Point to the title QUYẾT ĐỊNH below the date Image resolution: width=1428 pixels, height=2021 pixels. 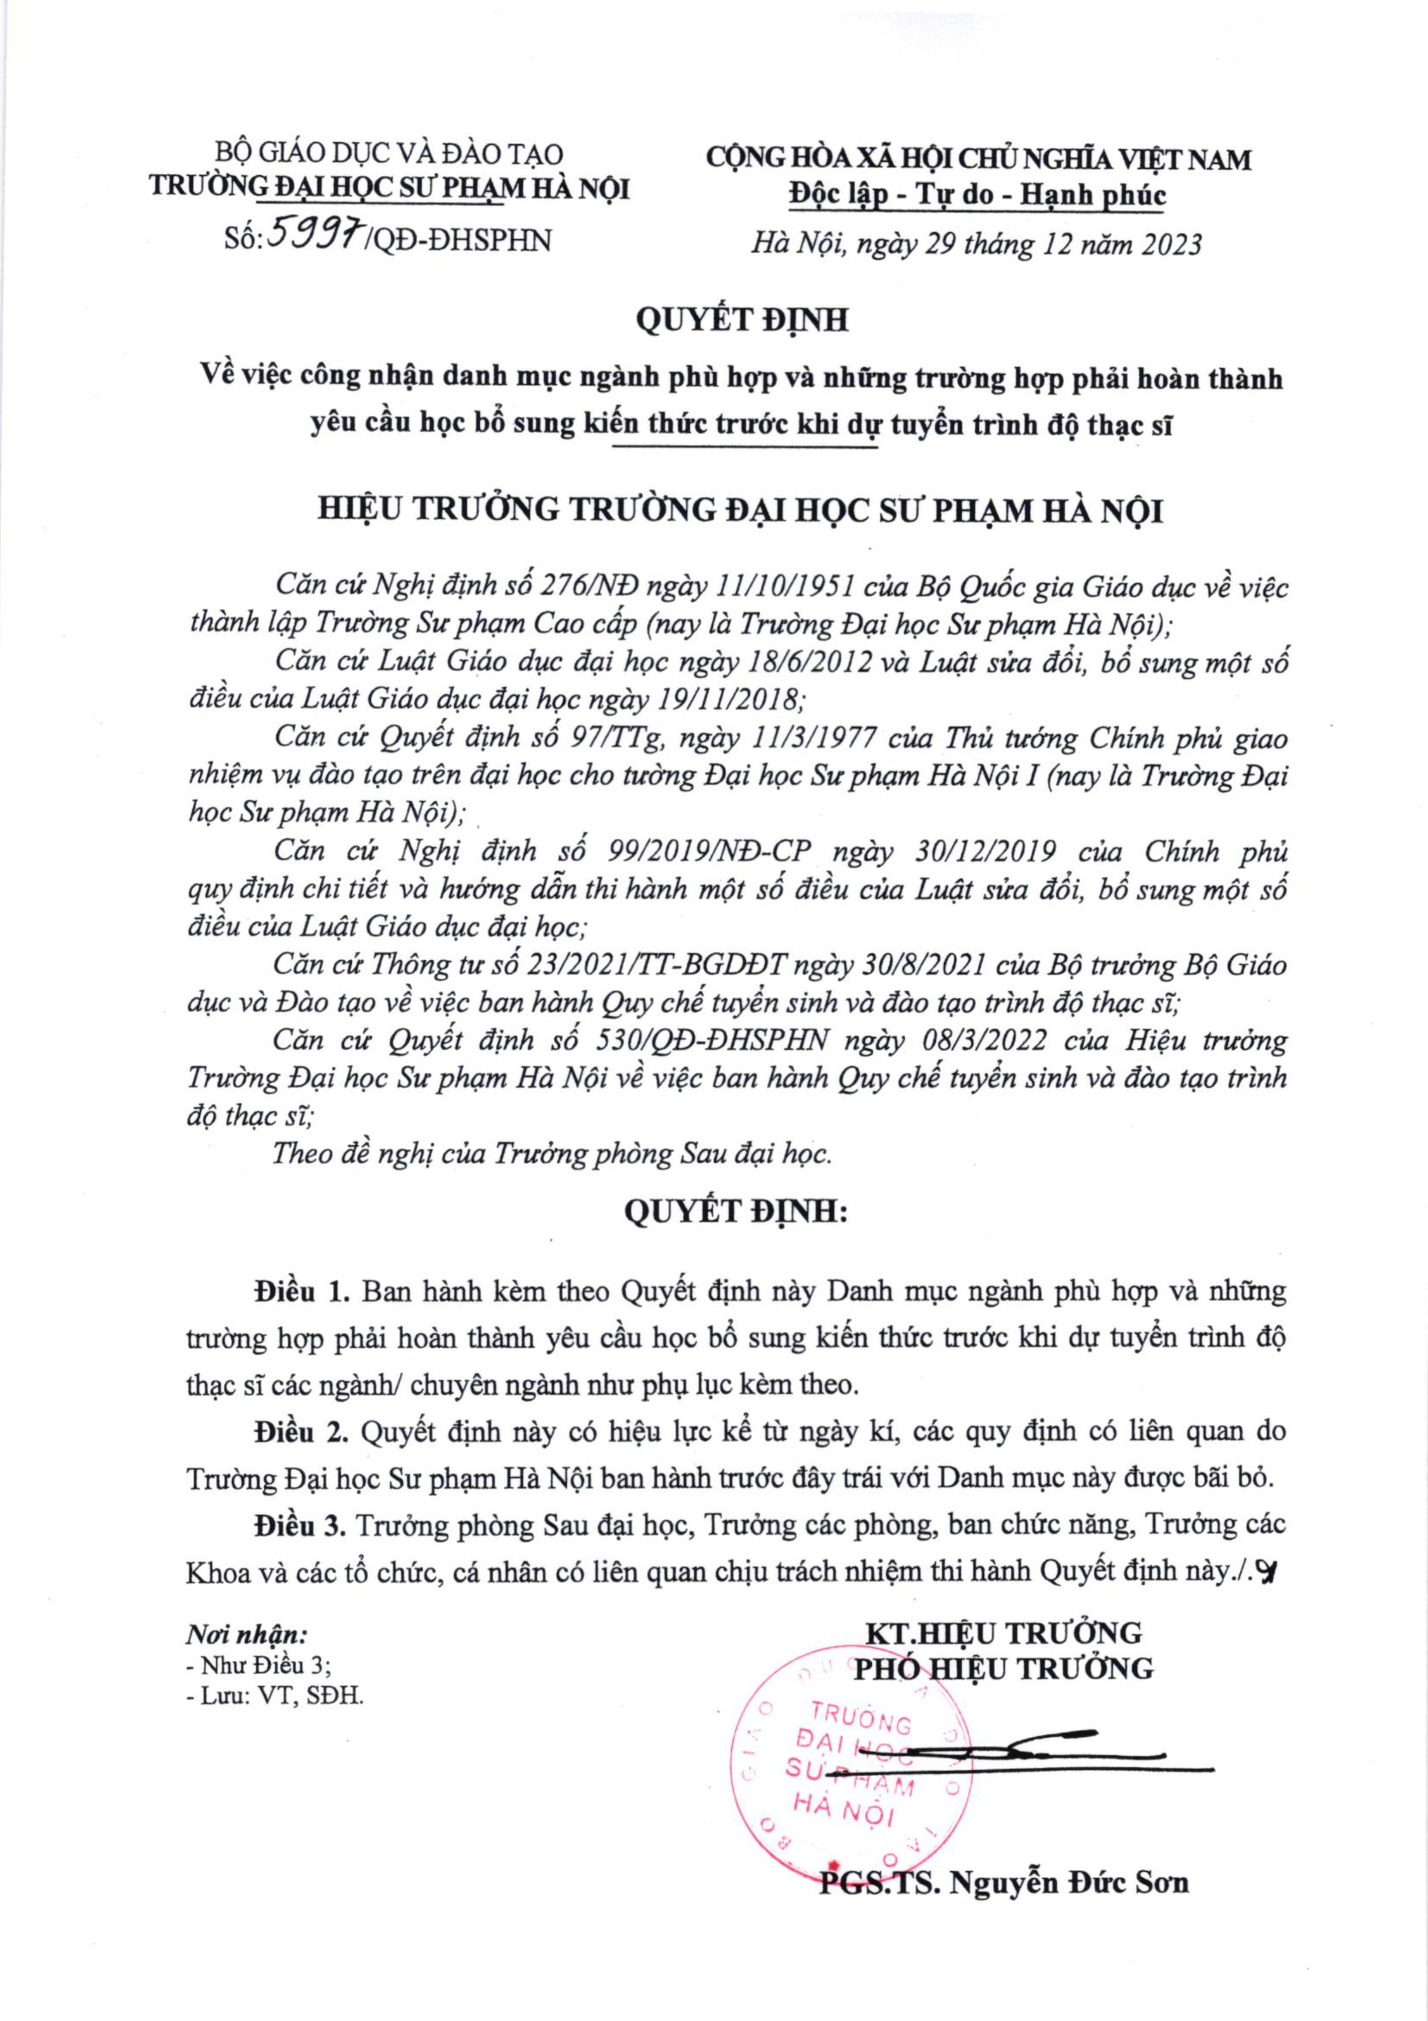741,320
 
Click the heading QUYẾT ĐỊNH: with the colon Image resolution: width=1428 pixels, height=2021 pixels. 735,1212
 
